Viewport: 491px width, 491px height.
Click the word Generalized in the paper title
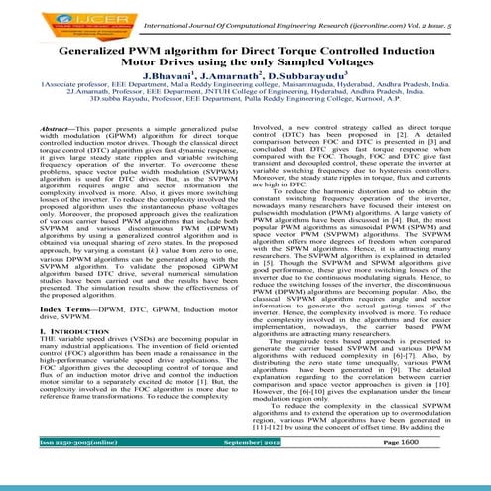click(103, 49)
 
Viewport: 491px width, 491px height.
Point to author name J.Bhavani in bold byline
click(171, 78)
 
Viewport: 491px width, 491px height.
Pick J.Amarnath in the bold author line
click(233, 78)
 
